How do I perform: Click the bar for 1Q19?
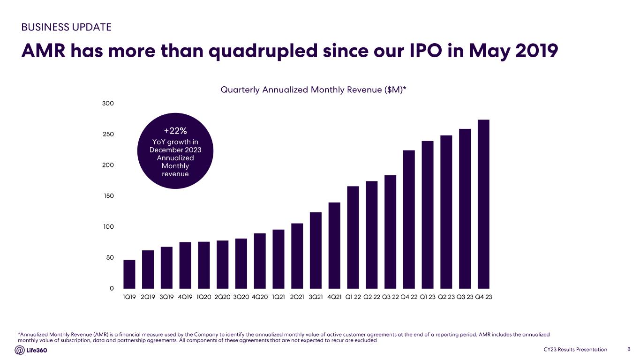[x=129, y=274]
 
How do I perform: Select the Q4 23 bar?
[x=483, y=204]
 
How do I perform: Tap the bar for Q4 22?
[x=409, y=219]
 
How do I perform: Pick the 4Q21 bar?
[x=334, y=245]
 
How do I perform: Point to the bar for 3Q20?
[x=241, y=263]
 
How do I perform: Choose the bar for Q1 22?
[x=353, y=237]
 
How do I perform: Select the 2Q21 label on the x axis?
[x=297, y=297]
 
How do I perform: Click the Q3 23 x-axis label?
[x=465, y=297]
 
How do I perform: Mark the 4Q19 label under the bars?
[x=185, y=297]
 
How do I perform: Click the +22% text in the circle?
[x=175, y=131]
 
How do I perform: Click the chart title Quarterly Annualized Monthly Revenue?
[x=313, y=90]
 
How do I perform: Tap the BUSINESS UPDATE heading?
[x=67, y=27]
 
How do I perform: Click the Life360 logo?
[x=31, y=350]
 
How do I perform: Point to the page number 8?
[x=628, y=350]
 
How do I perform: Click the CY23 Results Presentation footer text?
[x=575, y=350]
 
